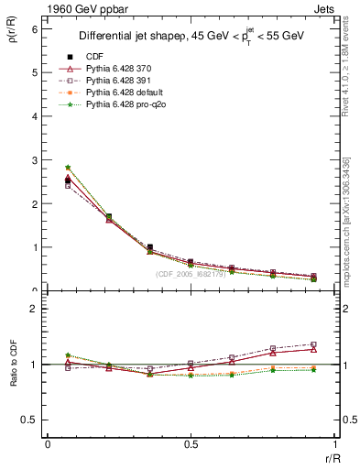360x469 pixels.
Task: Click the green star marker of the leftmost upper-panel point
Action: (x=68, y=167)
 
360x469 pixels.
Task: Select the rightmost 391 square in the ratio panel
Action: (x=313, y=344)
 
